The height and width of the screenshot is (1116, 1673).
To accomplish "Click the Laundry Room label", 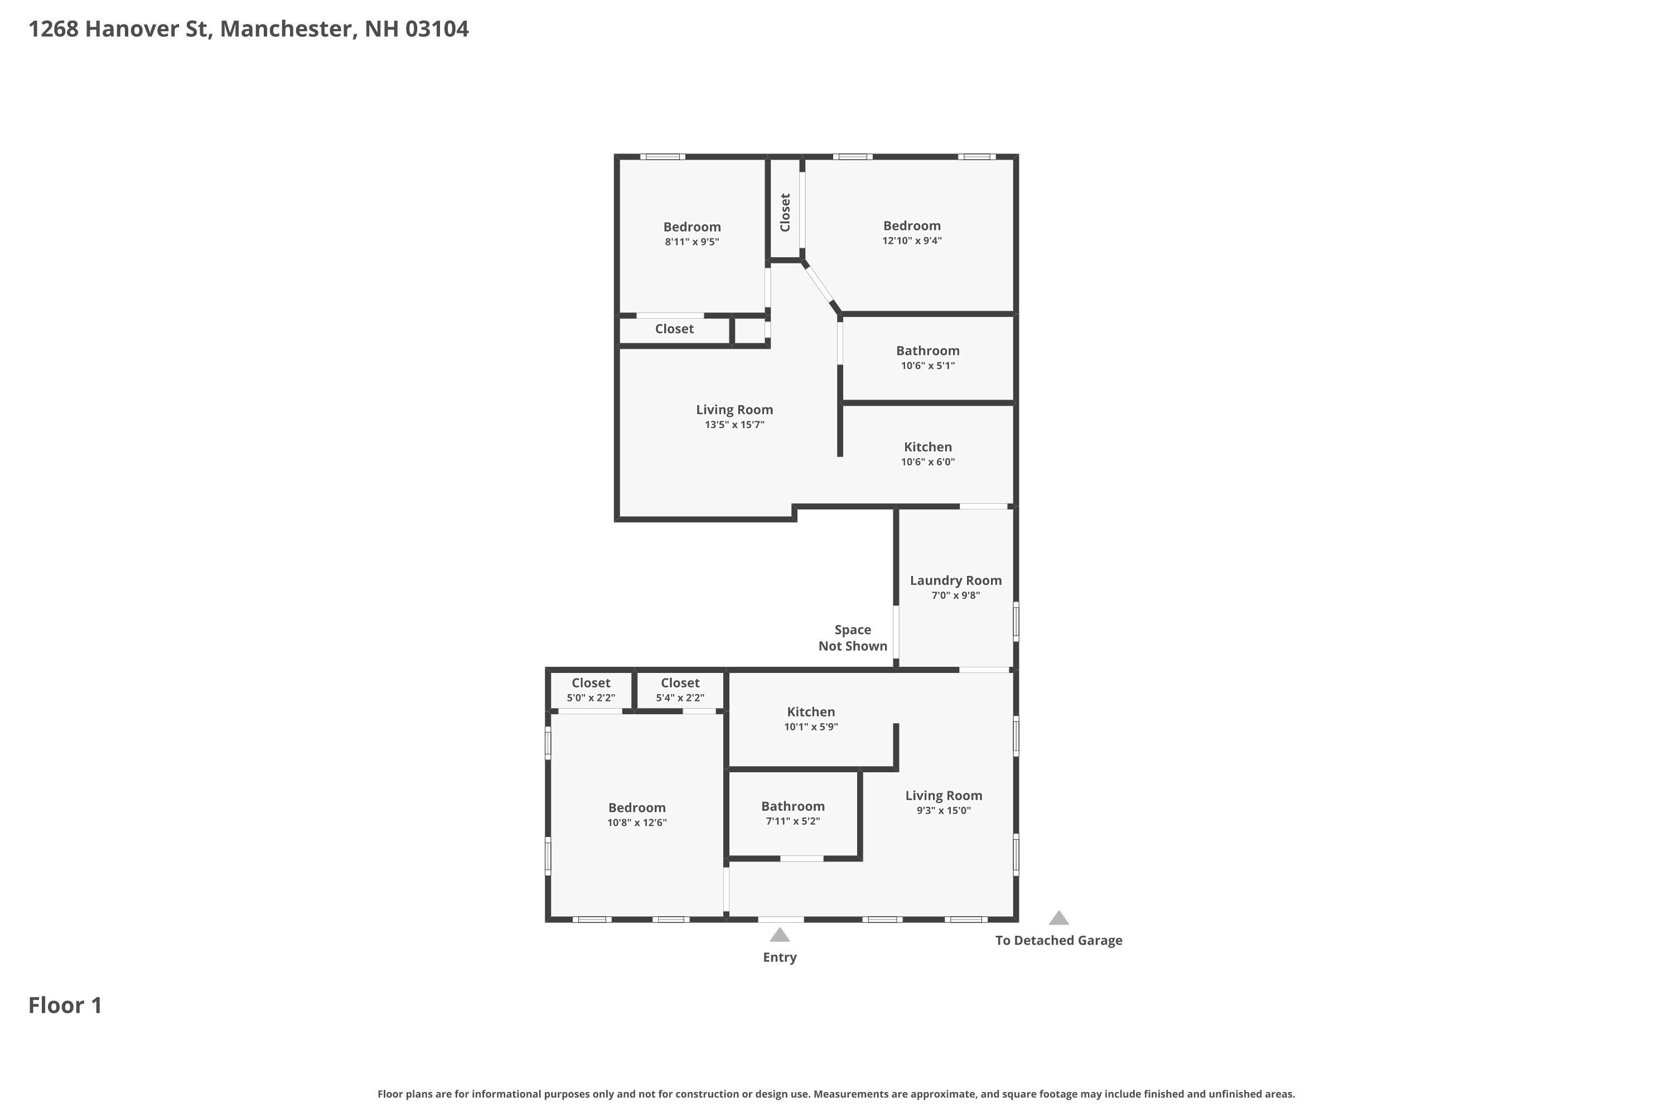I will [x=955, y=581].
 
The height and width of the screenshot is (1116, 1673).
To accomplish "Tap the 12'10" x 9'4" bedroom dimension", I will [x=912, y=241].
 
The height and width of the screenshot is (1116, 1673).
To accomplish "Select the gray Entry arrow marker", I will [x=780, y=935].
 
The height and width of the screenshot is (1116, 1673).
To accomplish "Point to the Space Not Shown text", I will [x=852, y=638].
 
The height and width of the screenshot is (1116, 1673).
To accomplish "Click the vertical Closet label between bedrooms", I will [x=785, y=212].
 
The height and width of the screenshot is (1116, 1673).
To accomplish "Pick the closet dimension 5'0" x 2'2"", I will [x=591, y=698].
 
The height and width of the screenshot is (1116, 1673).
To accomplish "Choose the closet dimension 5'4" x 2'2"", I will [x=680, y=698].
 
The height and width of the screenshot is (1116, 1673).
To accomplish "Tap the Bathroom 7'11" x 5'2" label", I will [x=792, y=806].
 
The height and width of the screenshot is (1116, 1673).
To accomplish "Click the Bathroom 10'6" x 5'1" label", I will [x=927, y=351].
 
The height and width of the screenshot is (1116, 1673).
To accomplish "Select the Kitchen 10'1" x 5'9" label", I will [x=811, y=712].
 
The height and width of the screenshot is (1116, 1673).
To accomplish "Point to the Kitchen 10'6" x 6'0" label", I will [x=927, y=447].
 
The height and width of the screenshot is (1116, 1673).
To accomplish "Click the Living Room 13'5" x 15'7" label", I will [x=734, y=410].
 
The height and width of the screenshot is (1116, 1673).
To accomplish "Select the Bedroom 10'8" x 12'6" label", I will [x=637, y=808].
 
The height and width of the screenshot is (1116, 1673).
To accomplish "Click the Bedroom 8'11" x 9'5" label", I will [x=692, y=227].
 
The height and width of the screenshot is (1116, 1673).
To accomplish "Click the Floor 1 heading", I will [x=65, y=1006].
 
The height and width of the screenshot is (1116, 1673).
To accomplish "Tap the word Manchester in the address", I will [x=284, y=29].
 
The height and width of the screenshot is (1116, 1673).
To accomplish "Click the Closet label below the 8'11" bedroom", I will [x=674, y=329].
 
